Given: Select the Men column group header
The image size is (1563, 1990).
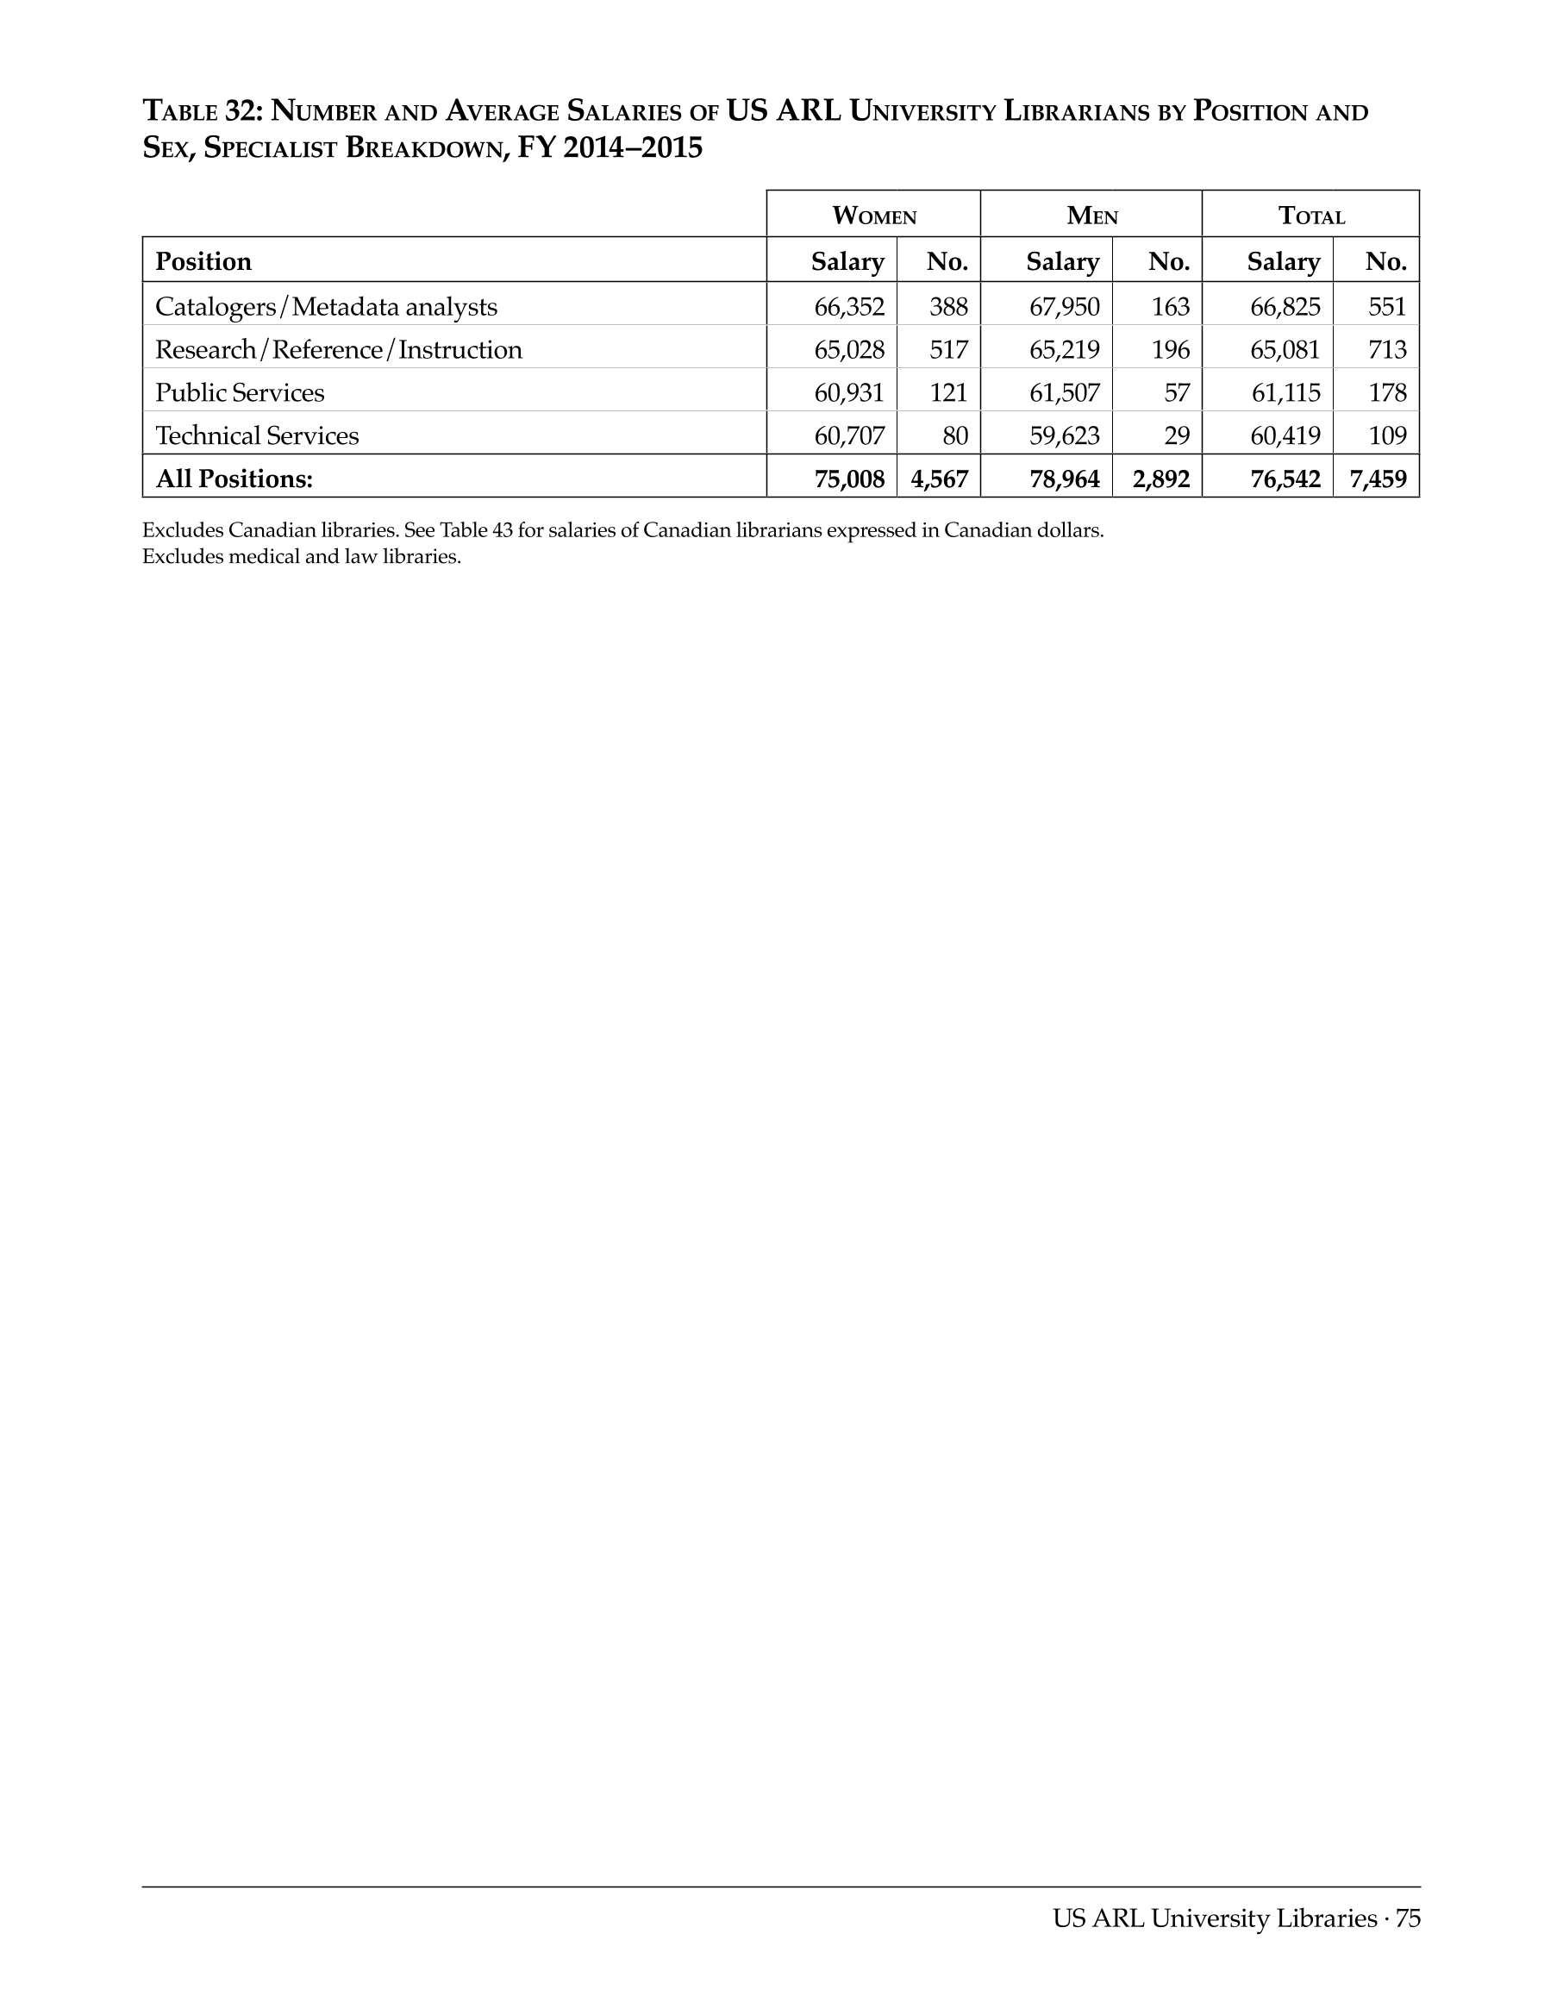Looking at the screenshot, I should point(1091,216).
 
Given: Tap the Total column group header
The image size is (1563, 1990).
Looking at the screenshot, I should point(1310,216).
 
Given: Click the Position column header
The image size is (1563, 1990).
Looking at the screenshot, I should point(203,262).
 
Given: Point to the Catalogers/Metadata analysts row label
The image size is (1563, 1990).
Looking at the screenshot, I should point(326,307).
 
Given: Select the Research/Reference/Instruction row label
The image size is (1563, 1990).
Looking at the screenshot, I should point(339,350).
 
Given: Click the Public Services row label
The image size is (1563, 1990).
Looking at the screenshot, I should point(240,392).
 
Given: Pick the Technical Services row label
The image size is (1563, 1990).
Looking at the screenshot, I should point(257,435).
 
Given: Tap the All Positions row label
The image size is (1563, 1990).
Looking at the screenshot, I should point(234,479).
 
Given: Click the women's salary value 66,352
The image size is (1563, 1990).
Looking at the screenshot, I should point(849,307).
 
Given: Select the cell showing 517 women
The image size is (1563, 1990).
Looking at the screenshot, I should point(948,350).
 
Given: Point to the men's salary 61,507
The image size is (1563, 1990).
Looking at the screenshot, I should point(1064,392).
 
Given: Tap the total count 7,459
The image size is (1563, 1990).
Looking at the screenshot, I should point(1378,479).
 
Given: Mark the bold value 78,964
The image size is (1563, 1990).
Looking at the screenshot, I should point(1064,479).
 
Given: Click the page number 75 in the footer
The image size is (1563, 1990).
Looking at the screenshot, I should point(1409,1918).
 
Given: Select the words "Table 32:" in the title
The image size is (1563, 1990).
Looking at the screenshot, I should point(203,112).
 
